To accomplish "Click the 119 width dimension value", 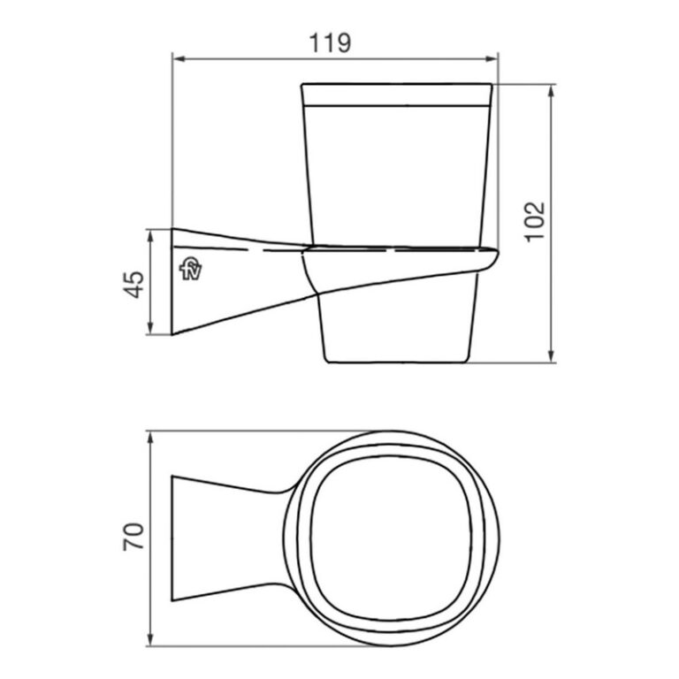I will coord(334,42).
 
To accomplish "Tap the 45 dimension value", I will coord(133,283).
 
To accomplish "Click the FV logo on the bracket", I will coord(190,268).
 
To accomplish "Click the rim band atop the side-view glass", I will coord(397,95).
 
